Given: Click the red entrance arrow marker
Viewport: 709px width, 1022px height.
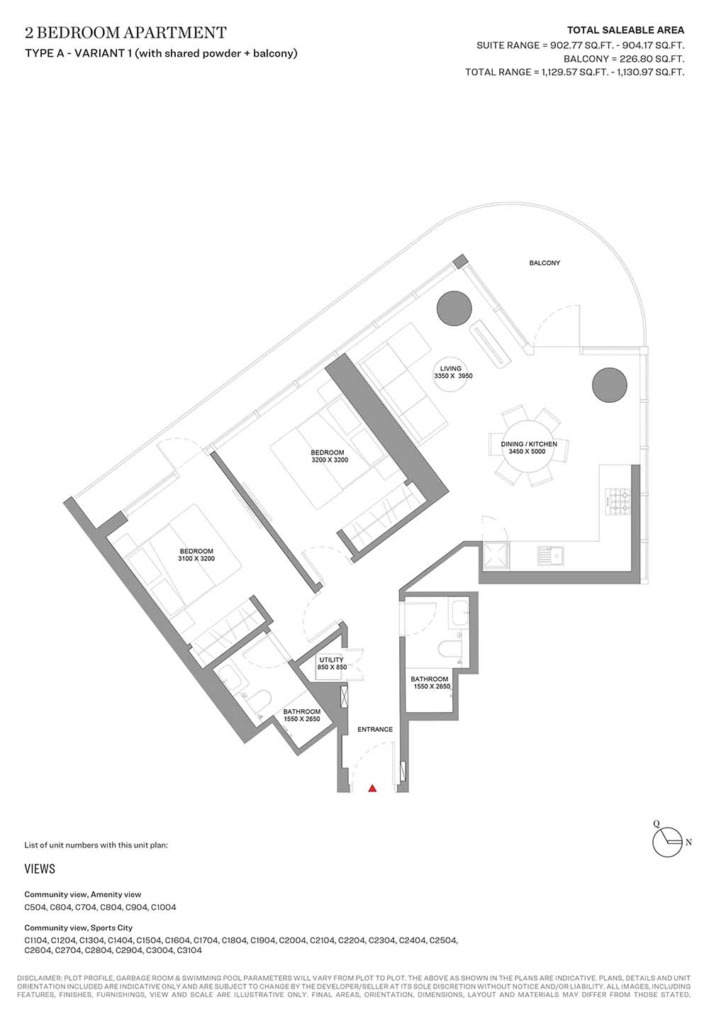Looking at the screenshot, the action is [372, 787].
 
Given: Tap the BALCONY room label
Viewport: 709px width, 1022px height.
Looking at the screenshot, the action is [545, 263].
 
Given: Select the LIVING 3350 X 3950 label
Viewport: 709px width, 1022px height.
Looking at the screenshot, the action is [452, 372].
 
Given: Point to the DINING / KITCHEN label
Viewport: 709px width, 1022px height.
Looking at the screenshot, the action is [529, 444].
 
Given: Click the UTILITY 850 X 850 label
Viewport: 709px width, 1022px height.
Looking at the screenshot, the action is [332, 663].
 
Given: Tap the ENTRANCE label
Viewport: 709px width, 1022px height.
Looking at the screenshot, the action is [375, 729].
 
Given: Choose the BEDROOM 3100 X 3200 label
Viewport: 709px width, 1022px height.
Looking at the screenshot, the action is [196, 555].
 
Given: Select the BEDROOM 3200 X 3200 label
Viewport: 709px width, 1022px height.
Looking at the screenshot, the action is [330, 456].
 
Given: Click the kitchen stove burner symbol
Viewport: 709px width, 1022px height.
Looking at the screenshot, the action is [618, 501].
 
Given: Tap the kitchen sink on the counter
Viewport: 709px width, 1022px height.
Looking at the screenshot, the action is [551, 556].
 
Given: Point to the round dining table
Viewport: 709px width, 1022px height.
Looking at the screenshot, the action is [529, 447].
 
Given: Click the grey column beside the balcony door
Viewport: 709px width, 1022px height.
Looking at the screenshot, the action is [454, 309].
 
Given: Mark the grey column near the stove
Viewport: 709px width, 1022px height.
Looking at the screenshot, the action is [610, 385].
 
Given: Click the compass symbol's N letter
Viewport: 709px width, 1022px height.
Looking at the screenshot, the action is [688, 843].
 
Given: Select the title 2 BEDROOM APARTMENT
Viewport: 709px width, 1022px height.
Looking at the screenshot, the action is [125, 33].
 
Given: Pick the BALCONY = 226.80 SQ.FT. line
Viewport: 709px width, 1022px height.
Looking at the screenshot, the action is [624, 59].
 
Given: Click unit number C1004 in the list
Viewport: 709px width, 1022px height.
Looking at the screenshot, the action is [163, 907].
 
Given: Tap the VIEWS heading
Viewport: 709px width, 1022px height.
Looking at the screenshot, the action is [40, 869].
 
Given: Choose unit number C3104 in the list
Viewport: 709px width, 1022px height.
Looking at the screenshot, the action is [189, 950].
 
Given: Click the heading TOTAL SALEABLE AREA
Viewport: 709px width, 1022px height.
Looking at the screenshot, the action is [625, 30].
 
